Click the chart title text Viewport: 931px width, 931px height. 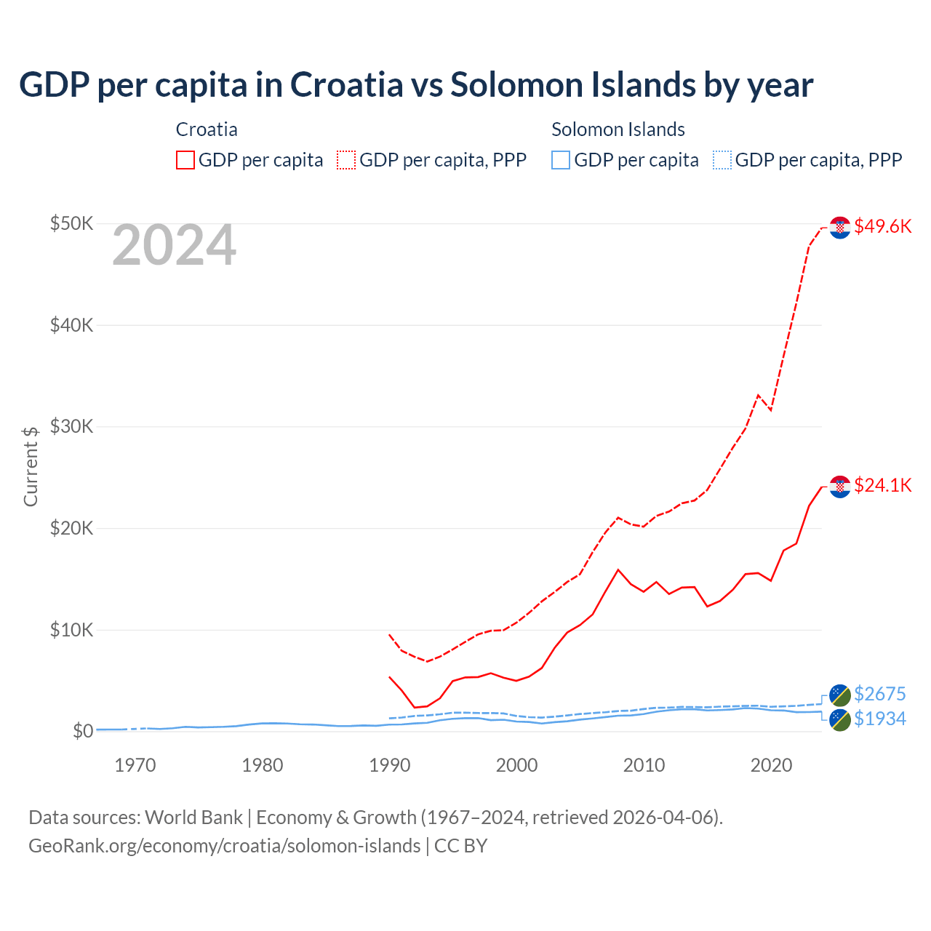point(415,85)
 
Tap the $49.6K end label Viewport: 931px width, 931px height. point(882,226)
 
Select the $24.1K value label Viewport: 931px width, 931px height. point(882,485)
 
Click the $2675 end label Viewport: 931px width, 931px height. point(879,694)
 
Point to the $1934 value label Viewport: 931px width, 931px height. point(879,719)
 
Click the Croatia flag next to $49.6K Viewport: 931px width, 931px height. point(840,228)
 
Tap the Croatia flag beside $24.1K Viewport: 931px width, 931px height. point(840,487)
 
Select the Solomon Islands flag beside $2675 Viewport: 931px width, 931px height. point(840,695)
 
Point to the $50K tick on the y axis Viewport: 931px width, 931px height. point(71,223)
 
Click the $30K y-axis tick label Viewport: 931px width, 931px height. point(71,426)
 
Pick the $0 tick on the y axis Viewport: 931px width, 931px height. point(82,731)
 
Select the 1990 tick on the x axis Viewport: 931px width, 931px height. point(390,765)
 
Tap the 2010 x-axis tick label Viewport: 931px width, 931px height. point(644,765)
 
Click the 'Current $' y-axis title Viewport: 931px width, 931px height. point(31,466)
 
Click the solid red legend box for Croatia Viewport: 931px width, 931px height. point(185,160)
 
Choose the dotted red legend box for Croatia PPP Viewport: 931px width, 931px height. point(346,160)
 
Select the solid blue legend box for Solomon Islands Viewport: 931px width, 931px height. point(561,160)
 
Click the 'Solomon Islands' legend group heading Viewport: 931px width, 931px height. point(618,129)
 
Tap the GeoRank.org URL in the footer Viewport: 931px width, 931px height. point(224,846)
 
